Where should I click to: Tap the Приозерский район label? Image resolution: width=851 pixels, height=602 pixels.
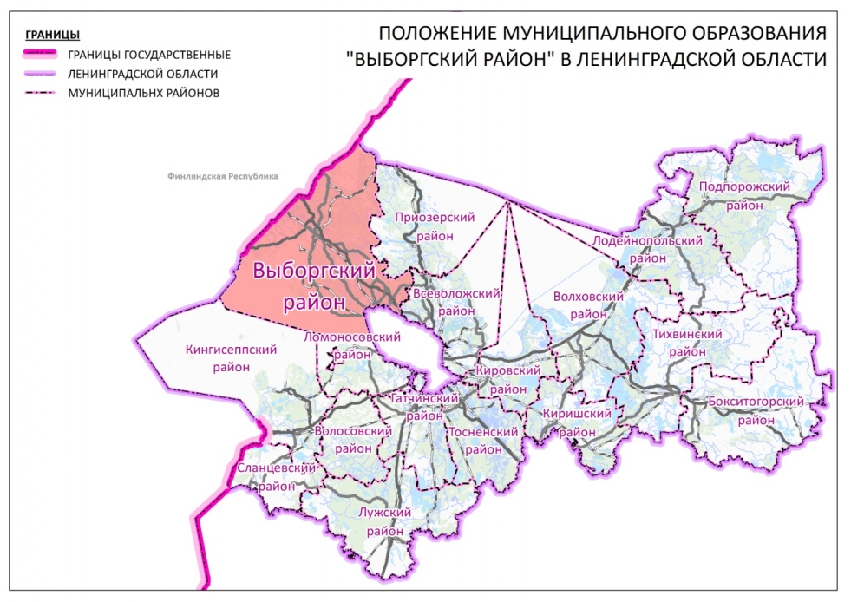click(x=425, y=226)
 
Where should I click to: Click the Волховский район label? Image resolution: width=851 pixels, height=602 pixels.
click(x=589, y=305)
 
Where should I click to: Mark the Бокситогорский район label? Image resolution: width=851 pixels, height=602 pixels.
click(x=756, y=410)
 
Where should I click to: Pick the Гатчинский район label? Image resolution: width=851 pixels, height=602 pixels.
click(x=424, y=406)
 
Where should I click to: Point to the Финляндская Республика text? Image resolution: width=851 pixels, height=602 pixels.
click(x=222, y=176)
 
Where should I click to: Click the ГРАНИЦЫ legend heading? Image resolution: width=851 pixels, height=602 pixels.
click(x=53, y=36)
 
